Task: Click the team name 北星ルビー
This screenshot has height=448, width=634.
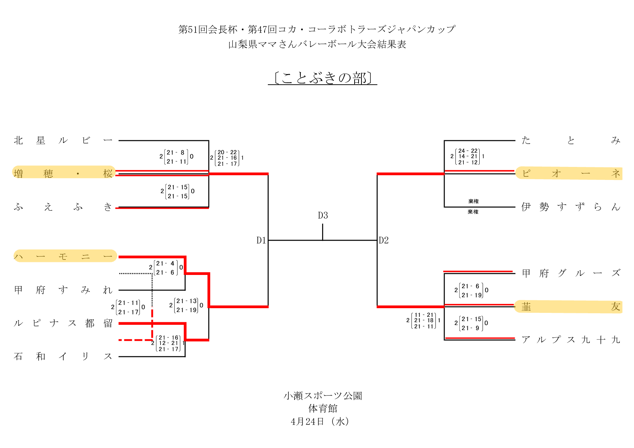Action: coord(63,140)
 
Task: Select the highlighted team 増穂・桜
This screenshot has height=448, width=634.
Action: coord(64,173)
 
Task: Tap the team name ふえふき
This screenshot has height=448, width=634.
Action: coord(63,207)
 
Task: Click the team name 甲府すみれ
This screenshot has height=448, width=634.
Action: coord(63,290)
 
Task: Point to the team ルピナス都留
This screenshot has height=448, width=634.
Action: coord(63,323)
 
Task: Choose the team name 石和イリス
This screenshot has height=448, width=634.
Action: coord(63,356)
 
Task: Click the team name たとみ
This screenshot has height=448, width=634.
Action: coord(570,140)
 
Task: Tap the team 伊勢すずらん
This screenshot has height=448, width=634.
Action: coord(570,207)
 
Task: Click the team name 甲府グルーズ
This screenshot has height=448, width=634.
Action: coord(570,273)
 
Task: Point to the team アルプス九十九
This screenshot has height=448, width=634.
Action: coord(570,340)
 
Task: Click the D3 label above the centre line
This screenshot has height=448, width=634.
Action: coord(323,216)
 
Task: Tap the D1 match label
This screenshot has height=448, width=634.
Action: coord(261,240)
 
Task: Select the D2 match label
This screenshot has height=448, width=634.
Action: coord(384,240)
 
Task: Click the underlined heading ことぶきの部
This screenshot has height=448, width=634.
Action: coord(322,78)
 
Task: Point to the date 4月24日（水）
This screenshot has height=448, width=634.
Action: coord(320,422)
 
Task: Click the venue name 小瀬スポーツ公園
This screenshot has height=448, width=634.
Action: coord(322,396)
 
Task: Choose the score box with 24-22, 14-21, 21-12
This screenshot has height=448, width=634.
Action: coord(468,156)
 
